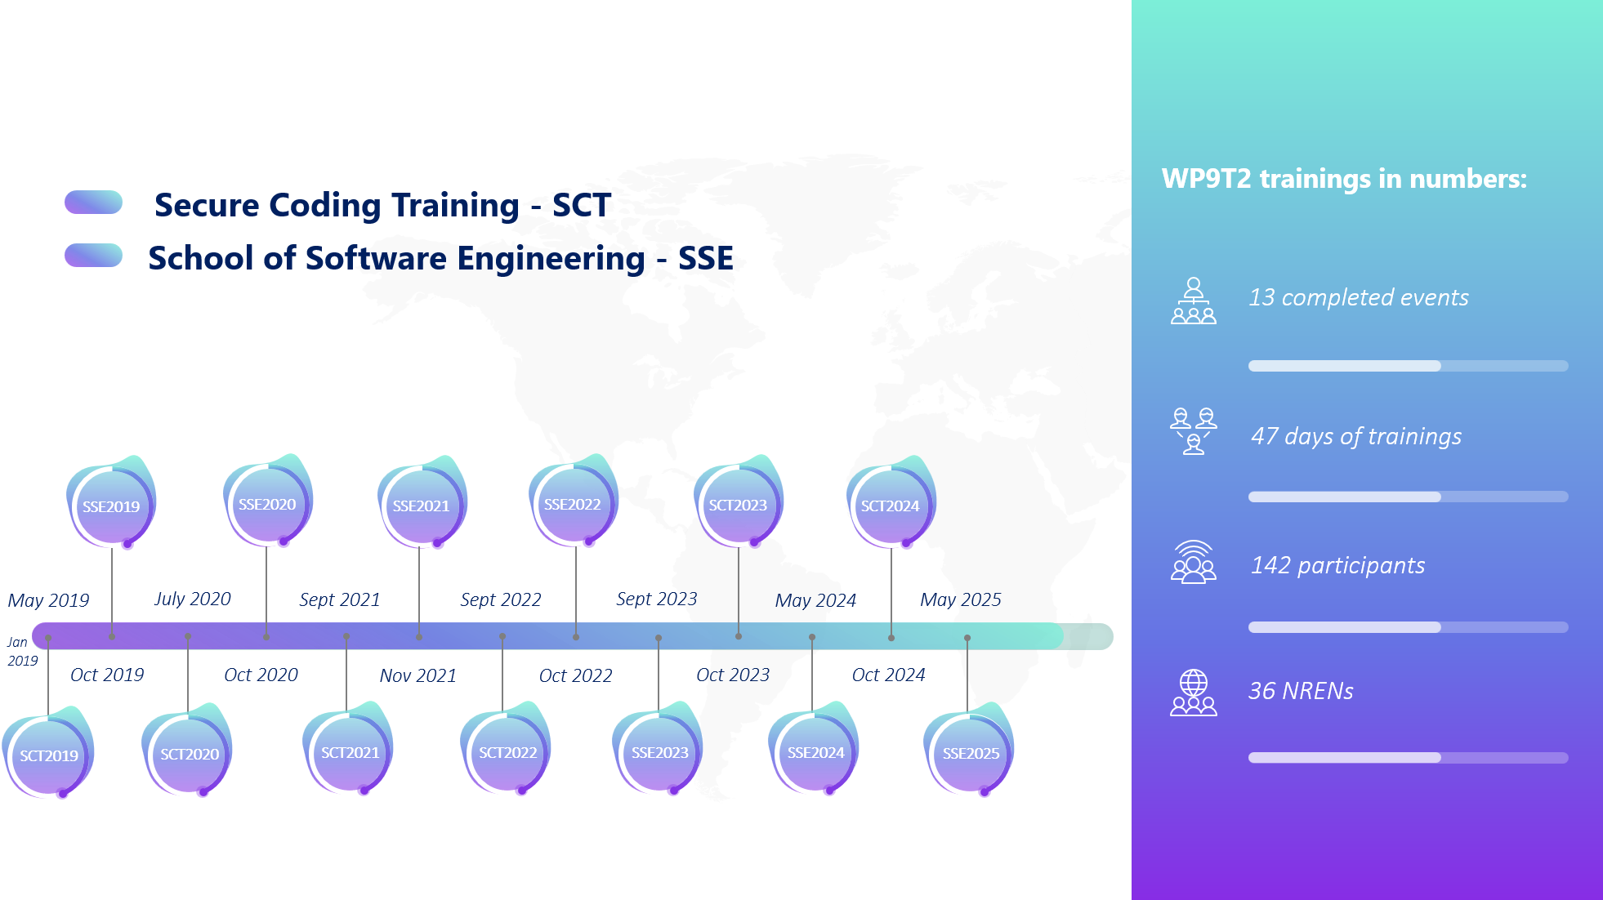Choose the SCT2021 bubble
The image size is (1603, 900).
click(349, 751)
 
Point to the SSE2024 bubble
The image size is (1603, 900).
click(815, 751)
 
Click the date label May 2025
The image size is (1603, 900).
click(961, 600)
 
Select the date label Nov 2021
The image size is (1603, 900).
click(418, 675)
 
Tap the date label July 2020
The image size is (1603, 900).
click(193, 599)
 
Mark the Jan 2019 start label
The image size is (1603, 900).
click(22, 652)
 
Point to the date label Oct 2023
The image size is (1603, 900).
click(733, 675)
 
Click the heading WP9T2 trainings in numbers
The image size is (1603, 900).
click(1344, 179)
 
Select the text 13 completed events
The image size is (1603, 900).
click(1359, 297)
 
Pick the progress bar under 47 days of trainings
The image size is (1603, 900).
click(1408, 497)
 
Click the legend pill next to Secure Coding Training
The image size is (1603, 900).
click(93, 203)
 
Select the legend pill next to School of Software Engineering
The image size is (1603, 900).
click(93, 256)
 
